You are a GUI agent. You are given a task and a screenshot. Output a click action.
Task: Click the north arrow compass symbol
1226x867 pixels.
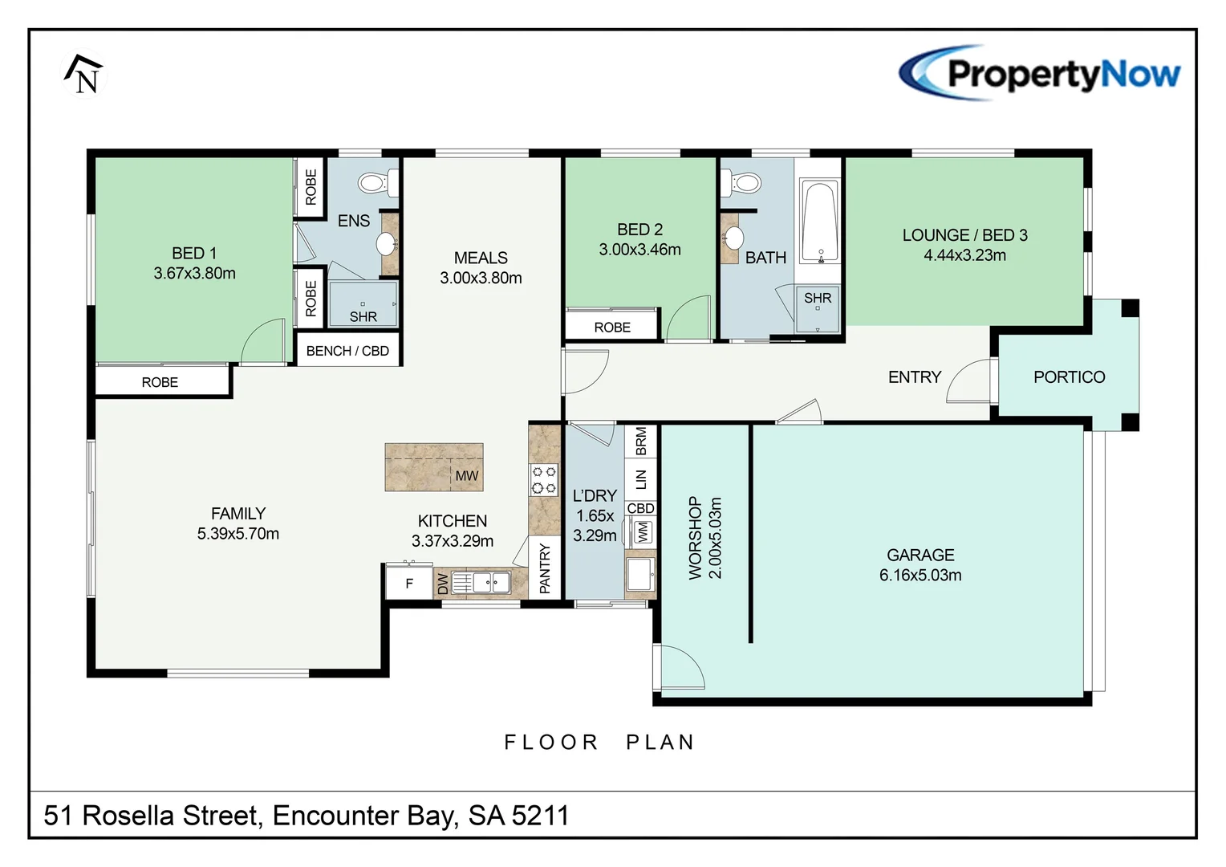click(x=84, y=75)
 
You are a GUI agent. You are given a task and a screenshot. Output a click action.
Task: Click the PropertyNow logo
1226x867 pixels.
click(x=1040, y=74)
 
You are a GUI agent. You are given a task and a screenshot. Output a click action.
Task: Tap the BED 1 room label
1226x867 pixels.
click(x=194, y=253)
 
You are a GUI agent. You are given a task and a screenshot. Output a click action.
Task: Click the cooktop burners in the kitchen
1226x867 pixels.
click(x=543, y=480)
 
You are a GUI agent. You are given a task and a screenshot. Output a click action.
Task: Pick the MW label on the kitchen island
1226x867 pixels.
click(x=466, y=476)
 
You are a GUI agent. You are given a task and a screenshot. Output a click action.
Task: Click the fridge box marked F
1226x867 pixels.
click(x=409, y=584)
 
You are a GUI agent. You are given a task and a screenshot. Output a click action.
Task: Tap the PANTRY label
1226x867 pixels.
click(x=545, y=568)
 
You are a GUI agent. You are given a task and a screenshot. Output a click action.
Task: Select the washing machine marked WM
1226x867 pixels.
click(x=642, y=531)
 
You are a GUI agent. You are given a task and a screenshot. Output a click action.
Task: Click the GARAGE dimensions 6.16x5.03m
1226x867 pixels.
click(x=920, y=576)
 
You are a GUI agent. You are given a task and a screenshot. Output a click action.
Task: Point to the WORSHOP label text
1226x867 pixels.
click(x=695, y=537)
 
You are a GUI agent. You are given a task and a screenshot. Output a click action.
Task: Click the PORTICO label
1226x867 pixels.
click(x=1069, y=377)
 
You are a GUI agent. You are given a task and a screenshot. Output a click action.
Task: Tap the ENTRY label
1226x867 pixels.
click(x=914, y=377)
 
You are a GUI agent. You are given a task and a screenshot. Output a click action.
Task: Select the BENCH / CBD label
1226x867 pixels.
click(x=347, y=351)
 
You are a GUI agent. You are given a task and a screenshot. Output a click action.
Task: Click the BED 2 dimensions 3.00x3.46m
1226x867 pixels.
click(x=639, y=250)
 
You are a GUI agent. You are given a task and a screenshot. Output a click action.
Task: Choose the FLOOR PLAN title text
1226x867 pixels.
click(x=599, y=742)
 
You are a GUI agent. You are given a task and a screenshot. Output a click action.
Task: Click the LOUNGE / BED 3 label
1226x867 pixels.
click(x=964, y=235)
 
